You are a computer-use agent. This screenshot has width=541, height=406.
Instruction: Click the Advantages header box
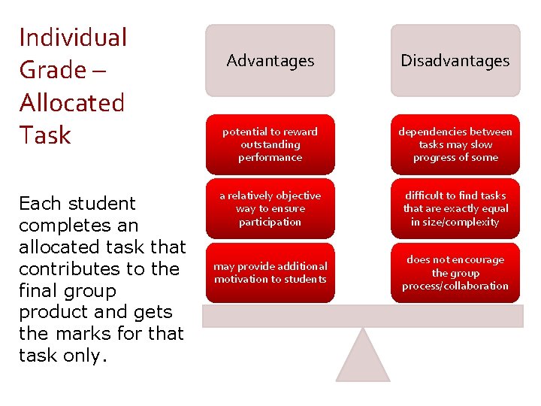[x=270, y=60]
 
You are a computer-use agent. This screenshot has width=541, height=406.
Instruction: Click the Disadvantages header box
[x=455, y=60]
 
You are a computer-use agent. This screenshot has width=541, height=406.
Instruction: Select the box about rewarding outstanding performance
[x=270, y=144]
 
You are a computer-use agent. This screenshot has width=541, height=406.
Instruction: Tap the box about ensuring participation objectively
[x=270, y=208]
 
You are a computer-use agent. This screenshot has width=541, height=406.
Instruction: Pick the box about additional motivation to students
[x=270, y=272]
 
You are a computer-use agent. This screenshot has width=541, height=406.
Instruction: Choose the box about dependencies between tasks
[x=455, y=144]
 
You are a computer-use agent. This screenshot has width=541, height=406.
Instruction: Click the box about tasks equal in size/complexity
[x=455, y=208]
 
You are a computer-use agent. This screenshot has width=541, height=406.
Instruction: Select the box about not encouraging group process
[x=455, y=272]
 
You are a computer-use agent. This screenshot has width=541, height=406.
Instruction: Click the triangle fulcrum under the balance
[x=363, y=357]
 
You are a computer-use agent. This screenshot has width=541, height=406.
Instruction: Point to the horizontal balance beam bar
[x=363, y=316]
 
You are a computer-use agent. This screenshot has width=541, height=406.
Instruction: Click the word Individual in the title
[x=73, y=38]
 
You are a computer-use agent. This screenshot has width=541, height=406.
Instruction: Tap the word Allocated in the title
[x=71, y=102]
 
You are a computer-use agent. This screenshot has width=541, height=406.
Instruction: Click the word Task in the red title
[x=45, y=135]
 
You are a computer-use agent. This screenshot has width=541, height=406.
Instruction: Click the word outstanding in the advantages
[x=270, y=144]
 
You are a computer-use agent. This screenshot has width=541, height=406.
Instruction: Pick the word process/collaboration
[x=455, y=286]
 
